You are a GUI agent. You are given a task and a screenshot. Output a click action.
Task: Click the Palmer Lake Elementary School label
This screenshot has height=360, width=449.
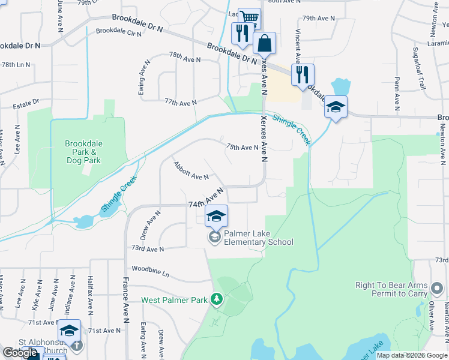tap(259, 238)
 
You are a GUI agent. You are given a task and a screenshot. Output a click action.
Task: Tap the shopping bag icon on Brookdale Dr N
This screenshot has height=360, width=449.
tap(264, 44)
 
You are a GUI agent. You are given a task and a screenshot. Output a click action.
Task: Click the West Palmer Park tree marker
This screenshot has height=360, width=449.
tap(216, 299)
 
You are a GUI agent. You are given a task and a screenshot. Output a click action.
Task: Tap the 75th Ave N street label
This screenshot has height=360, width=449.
tap(242, 147)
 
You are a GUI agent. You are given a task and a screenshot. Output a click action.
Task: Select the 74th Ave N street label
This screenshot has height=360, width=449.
tap(206, 197)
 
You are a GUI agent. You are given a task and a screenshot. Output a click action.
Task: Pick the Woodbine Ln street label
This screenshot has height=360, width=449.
tap(151, 272)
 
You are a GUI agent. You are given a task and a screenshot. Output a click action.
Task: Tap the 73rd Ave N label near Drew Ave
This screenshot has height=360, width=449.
tap(148, 248)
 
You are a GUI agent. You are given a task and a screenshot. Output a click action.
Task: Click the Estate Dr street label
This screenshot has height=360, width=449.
tap(26, 106)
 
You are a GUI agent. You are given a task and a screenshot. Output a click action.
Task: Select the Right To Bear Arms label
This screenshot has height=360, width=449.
tap(391, 285)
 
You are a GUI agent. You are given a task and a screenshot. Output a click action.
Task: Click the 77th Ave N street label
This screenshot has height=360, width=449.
tap(180, 103)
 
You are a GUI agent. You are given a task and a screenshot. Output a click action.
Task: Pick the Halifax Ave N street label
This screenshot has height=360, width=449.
tap(90, 296)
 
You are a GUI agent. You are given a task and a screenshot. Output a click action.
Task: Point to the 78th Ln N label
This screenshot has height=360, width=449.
tap(16, 64)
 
